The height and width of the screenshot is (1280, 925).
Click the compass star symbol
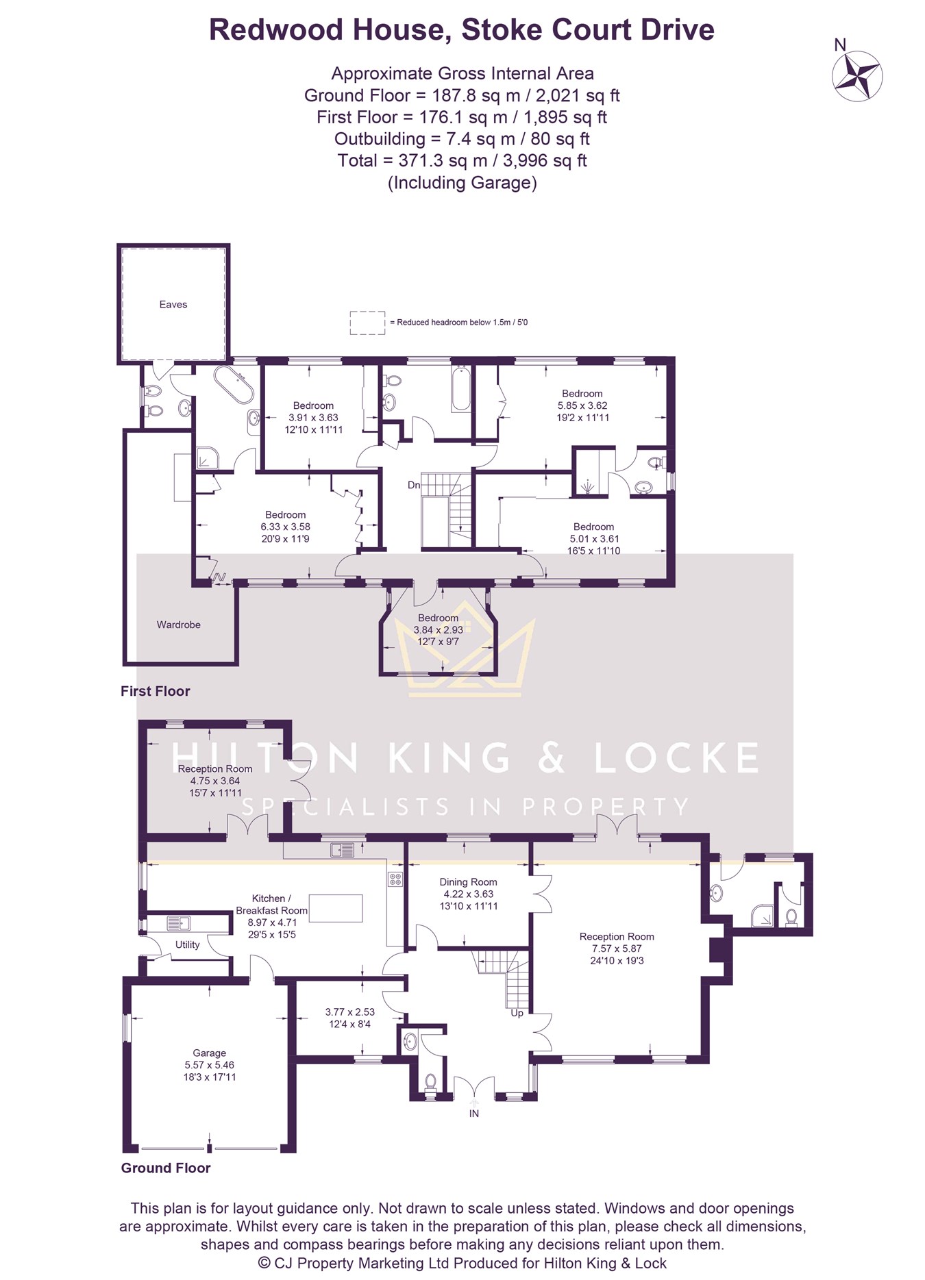tap(857, 76)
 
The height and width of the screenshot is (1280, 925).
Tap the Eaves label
tap(173, 305)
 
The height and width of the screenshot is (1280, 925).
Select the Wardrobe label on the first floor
tap(178, 625)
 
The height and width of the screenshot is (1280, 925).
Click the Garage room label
tap(209, 1053)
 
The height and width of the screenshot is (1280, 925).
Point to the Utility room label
tap(187, 944)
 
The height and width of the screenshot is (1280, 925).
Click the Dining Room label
tap(468, 882)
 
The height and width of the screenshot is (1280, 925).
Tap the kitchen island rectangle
tap(336, 908)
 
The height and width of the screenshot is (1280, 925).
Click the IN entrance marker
tap(473, 1114)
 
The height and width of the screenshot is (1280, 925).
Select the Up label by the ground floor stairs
tap(517, 1013)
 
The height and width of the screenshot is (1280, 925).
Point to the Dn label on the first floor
tap(413, 485)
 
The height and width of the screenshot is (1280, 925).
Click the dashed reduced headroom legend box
tap(368, 323)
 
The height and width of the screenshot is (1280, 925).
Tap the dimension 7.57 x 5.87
tap(617, 949)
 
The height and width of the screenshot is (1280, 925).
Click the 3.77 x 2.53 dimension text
tap(349, 1012)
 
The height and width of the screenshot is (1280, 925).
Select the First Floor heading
tap(155, 691)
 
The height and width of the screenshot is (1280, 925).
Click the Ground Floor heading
tap(166, 1168)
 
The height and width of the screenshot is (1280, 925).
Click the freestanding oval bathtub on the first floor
tap(234, 384)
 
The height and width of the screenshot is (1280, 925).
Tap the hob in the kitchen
tap(395, 879)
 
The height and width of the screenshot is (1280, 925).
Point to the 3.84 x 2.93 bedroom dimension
tap(439, 630)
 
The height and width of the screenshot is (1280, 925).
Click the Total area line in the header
tap(462, 161)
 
